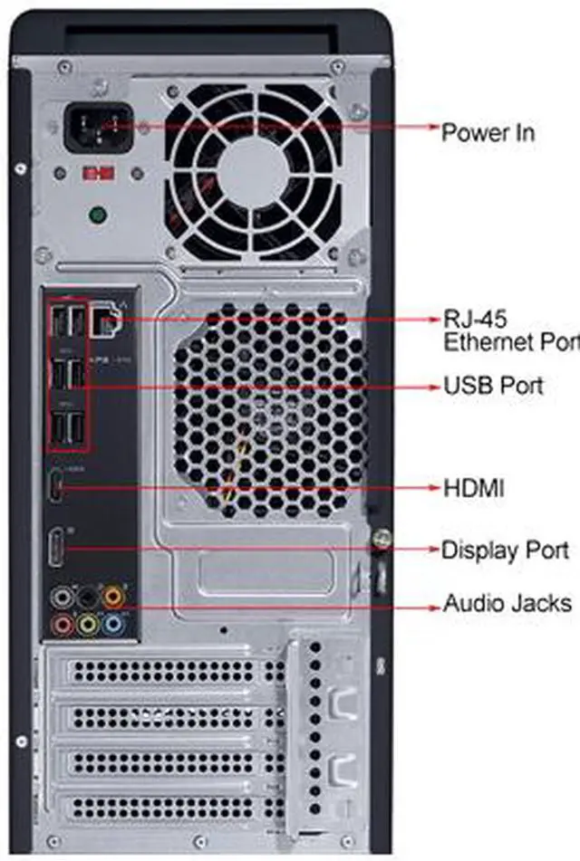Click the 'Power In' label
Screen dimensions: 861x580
(488, 133)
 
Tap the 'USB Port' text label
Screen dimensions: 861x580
(493, 386)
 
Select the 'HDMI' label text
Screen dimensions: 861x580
(473, 489)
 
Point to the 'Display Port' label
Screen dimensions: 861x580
(504, 550)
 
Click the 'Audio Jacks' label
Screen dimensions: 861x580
(507, 603)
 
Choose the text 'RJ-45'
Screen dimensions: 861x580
(474, 319)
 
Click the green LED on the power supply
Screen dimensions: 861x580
(98, 215)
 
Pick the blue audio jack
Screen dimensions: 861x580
(112, 623)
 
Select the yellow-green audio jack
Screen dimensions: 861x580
(88, 624)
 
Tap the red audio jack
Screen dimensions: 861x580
(63, 624)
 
